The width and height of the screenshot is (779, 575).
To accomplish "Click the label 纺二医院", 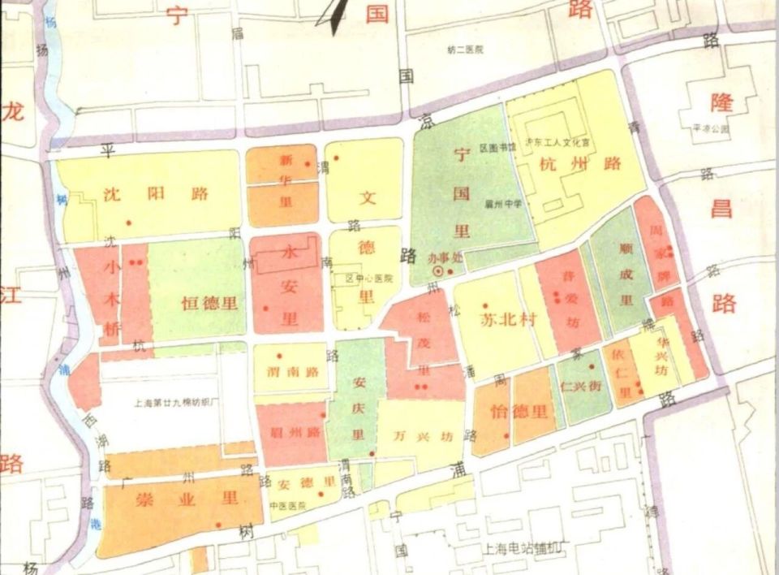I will point(465,50).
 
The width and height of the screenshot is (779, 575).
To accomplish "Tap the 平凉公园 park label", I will point(709,128).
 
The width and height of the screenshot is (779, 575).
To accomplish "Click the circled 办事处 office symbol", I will point(438,270).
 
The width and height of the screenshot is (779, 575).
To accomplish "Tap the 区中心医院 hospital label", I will point(368,278).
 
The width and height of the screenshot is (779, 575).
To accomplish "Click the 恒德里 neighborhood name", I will point(209,304).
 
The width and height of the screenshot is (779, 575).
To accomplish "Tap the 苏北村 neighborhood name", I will point(509,318).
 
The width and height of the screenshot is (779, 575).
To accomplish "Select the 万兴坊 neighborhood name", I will point(422,434).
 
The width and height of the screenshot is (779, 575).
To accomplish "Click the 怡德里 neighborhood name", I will point(519,411).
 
